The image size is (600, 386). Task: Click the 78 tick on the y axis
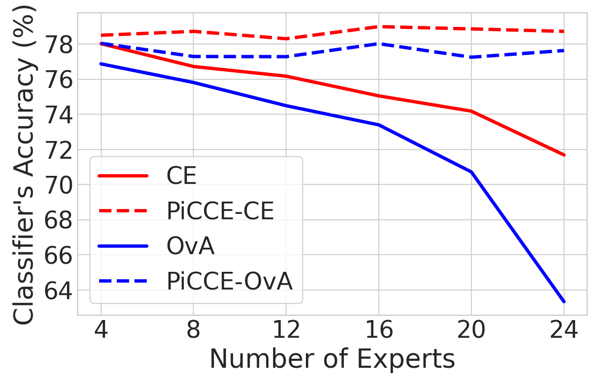(60, 44)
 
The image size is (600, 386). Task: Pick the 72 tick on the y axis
(60, 150)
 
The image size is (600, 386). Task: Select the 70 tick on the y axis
(60, 185)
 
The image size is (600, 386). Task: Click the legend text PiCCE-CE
(220, 211)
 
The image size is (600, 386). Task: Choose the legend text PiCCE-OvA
(229, 281)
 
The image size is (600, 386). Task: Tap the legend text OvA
(190, 247)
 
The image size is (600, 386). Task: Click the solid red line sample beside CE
(123, 176)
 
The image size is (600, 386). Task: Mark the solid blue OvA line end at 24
(564, 301)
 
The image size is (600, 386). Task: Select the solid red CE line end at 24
(564, 155)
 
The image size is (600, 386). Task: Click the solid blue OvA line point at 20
(471, 172)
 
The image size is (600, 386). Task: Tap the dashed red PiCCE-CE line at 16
(379, 26)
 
